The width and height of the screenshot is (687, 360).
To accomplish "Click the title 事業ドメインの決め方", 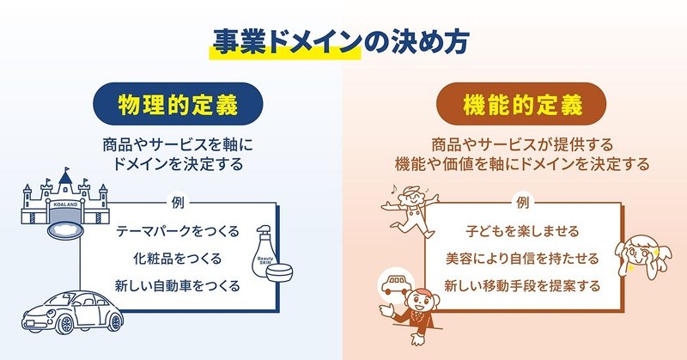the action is [341, 42].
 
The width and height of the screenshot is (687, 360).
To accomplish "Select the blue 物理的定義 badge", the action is [178, 104].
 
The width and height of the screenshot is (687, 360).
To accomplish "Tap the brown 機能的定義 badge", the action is [521, 104].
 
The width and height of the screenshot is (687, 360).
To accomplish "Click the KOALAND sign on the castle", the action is [65, 204].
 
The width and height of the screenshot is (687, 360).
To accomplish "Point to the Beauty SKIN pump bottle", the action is [264, 251].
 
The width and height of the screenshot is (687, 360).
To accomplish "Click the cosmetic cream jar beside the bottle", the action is [279, 272].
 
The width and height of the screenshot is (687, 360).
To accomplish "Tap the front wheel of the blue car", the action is [66, 324].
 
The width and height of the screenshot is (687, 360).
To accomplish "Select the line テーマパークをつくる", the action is [178, 231].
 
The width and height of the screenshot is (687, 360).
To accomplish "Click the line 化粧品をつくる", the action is [178, 259].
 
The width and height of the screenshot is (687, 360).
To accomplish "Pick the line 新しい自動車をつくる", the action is [178, 285].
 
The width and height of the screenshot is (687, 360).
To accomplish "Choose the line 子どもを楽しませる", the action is [522, 231].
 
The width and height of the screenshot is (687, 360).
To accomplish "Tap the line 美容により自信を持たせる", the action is [522, 259].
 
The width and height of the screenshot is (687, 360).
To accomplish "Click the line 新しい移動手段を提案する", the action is [522, 285].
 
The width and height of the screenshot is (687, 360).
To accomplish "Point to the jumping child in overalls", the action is [410, 211].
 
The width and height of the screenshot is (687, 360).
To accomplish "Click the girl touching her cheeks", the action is [641, 258].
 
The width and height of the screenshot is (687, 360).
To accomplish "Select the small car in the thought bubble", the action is [396, 285].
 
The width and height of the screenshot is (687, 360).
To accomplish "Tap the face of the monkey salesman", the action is [420, 302].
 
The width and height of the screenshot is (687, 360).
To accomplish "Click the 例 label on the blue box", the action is [178, 203].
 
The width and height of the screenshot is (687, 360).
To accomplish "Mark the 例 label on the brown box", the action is [523, 203].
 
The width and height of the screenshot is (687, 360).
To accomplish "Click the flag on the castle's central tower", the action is [68, 168].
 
